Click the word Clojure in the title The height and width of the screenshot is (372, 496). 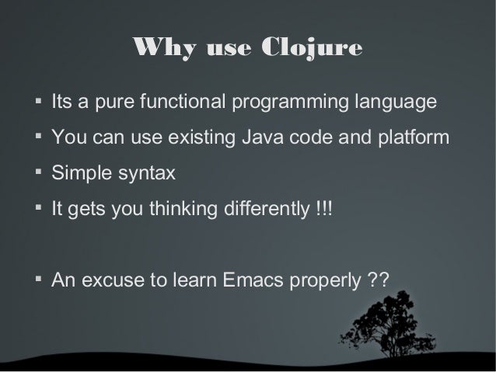click(316, 49)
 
